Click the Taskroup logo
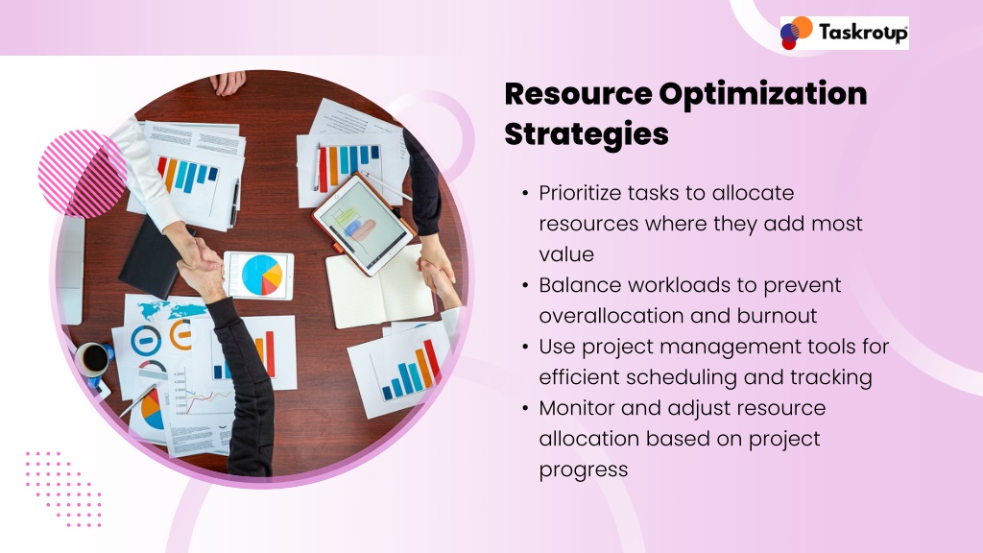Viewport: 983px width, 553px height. click(x=844, y=33)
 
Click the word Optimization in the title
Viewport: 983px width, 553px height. click(x=763, y=94)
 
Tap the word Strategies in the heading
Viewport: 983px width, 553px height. click(x=587, y=134)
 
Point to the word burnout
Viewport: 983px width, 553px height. click(x=777, y=315)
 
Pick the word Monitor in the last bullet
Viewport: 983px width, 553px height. click(x=576, y=408)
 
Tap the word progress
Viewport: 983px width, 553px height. click(x=583, y=470)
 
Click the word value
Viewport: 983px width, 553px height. click(x=566, y=254)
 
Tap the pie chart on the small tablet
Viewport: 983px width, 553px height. click(x=262, y=275)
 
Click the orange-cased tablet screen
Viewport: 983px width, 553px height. click(x=362, y=224)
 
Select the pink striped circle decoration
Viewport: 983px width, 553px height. click(x=82, y=174)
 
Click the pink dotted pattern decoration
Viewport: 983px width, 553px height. click(x=63, y=489)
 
